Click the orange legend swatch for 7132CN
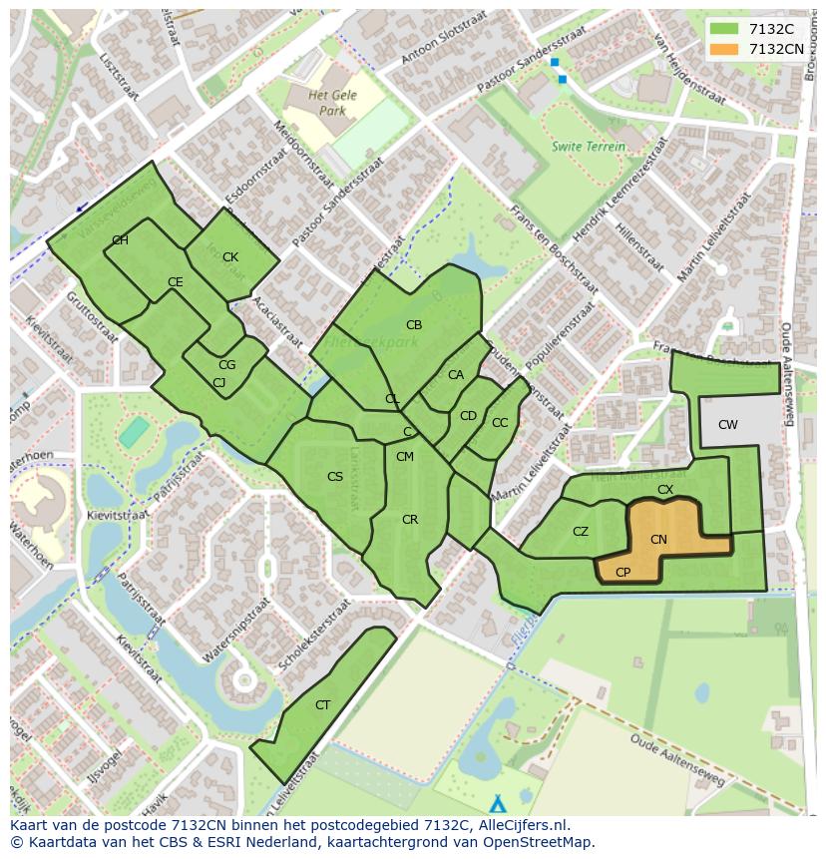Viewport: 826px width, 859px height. coord(724,49)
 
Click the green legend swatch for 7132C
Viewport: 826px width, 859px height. coord(724,29)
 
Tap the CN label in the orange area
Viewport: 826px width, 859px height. coord(658,540)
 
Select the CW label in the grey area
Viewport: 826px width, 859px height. coord(728,425)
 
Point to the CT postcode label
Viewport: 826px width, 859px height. coord(322,705)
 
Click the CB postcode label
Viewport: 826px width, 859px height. coord(414,325)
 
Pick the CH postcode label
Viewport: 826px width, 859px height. coord(120,240)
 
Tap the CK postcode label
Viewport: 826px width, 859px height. coord(230,257)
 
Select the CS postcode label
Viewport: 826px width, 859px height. coord(335,477)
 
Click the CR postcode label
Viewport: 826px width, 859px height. coord(410,520)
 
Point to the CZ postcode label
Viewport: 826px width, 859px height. coord(581,532)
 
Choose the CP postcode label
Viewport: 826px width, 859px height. coord(623,573)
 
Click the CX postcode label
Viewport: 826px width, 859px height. coord(665,490)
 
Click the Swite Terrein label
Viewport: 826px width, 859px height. coord(589,147)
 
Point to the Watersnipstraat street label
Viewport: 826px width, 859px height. coord(236,631)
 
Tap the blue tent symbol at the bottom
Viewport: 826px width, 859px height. coord(498,803)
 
